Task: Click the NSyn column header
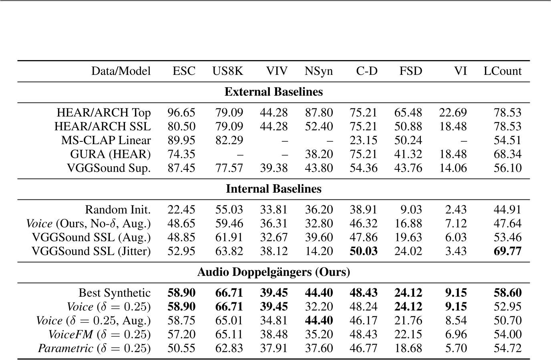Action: pos(318,71)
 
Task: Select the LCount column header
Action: pos(502,71)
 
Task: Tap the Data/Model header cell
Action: pos(121,71)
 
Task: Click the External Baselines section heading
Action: pos(273,92)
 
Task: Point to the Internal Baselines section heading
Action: pos(273,189)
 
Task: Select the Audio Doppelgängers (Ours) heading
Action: pos(273,272)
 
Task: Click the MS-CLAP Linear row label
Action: pos(106,141)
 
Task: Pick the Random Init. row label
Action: pos(118,210)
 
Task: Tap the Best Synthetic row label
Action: pos(115,293)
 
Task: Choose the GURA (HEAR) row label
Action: pos(110,154)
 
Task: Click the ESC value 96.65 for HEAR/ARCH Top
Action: pos(181,113)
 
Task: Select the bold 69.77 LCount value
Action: pos(507,251)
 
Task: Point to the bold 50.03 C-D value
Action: pos(363,251)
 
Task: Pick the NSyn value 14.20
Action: pos(319,251)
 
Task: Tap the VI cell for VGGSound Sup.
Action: pos(453,168)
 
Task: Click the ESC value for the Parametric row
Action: pos(181,348)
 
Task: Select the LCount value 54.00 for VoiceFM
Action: pos(507,335)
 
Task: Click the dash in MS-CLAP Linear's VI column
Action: pos(463,141)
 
